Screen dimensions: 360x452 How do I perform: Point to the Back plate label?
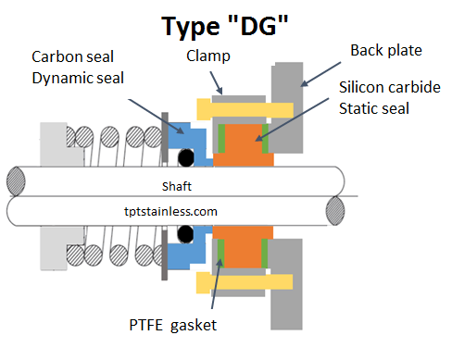pos(384,48)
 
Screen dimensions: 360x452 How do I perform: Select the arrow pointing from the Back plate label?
pos(320,73)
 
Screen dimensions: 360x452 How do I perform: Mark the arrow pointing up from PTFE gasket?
pos(220,282)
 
